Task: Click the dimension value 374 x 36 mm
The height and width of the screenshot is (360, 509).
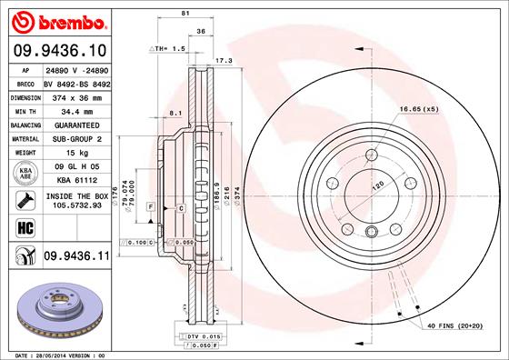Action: (x=76, y=96)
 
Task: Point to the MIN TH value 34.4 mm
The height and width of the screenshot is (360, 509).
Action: (x=76, y=110)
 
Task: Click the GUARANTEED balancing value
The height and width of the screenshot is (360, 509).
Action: (x=76, y=125)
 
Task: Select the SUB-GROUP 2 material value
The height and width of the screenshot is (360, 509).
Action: (x=76, y=138)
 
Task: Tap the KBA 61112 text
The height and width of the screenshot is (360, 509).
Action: (x=76, y=180)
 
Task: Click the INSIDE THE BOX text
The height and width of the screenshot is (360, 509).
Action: (x=76, y=195)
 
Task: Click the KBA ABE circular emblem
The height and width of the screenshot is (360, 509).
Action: (x=24, y=173)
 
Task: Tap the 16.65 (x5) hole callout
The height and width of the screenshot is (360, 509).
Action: (x=418, y=110)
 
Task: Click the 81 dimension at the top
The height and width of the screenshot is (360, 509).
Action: (x=185, y=13)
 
